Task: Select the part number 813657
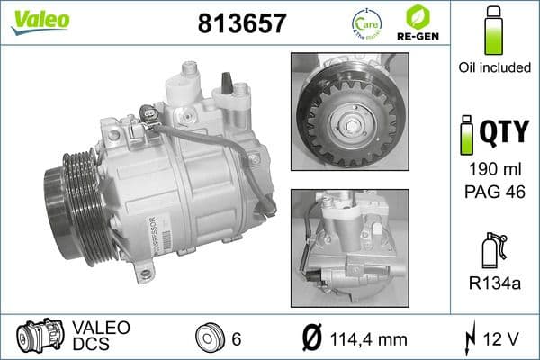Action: tap(240, 24)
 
